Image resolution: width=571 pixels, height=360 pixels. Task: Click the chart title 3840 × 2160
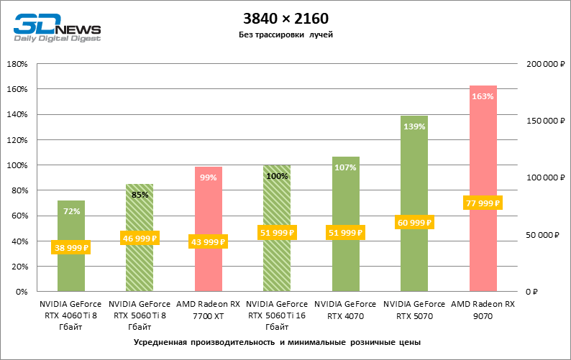pyautogui.click(x=285, y=18)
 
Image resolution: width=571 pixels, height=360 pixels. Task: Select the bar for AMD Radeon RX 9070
pyautogui.click(x=483, y=158)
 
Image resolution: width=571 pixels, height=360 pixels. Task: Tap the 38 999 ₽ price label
pyautogui.click(x=70, y=248)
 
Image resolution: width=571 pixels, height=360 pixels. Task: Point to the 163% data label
pyautogui.click(x=483, y=96)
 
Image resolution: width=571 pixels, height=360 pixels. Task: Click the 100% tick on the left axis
pyautogui.click(x=18, y=165)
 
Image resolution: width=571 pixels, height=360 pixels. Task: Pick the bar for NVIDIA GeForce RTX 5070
pyautogui.click(x=414, y=180)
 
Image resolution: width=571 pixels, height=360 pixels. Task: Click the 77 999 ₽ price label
pyautogui.click(x=483, y=203)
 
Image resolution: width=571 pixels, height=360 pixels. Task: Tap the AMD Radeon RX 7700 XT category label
pyautogui.click(x=208, y=310)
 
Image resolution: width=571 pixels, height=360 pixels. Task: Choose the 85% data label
pyautogui.click(x=140, y=193)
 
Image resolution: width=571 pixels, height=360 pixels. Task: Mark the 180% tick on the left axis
pyautogui.click(x=18, y=64)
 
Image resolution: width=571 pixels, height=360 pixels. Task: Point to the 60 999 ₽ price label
pyautogui.click(x=414, y=223)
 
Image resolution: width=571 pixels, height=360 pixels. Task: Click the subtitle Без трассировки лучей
pyautogui.click(x=285, y=34)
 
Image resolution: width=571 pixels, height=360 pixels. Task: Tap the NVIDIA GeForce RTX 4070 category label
pyautogui.click(x=345, y=310)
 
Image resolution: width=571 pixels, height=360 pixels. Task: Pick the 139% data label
pyautogui.click(x=414, y=126)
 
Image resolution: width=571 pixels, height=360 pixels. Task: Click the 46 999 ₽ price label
pyautogui.click(x=140, y=239)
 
